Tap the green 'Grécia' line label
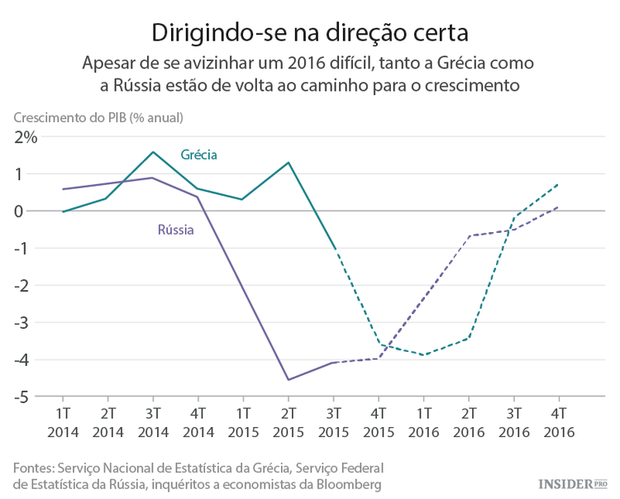(x=199, y=154)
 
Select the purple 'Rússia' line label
(x=175, y=230)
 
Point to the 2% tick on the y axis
(x=25, y=137)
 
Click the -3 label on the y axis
(x=26, y=323)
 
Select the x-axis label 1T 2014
(x=63, y=421)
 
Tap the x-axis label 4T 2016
(x=559, y=421)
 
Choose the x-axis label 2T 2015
(x=289, y=421)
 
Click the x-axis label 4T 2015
(x=379, y=421)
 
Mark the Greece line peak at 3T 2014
(x=153, y=152)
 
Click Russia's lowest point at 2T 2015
(x=289, y=380)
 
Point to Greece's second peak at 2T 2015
(x=289, y=162)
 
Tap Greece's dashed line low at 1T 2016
(x=423, y=355)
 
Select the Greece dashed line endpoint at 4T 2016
(x=559, y=184)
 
